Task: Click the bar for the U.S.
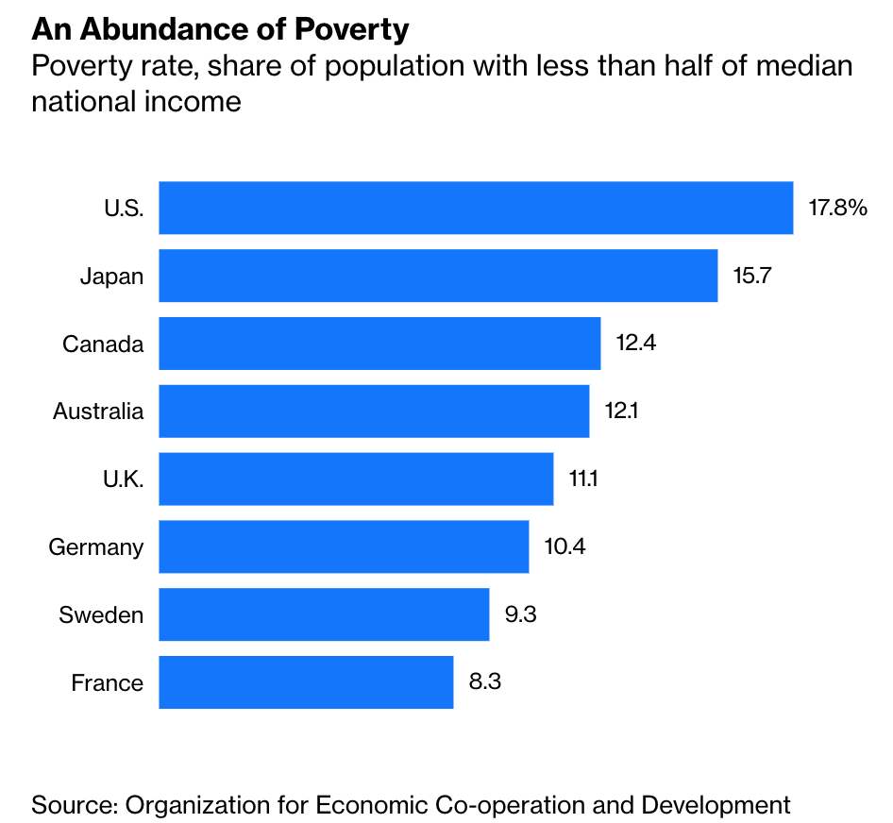coord(476,208)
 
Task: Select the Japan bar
coord(438,276)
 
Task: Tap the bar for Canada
coord(379,344)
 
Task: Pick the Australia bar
coord(374,411)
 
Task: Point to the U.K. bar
coord(356,479)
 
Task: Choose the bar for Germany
coord(344,547)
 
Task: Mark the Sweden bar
coord(324,615)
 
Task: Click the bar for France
coord(306,682)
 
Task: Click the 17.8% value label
coord(837,208)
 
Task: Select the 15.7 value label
coord(753,276)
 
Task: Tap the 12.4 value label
coord(636,344)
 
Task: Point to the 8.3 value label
coord(484,682)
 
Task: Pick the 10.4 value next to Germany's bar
coord(564,547)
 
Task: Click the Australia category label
coord(98,411)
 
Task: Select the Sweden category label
coord(101,615)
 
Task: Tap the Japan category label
coord(111,276)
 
